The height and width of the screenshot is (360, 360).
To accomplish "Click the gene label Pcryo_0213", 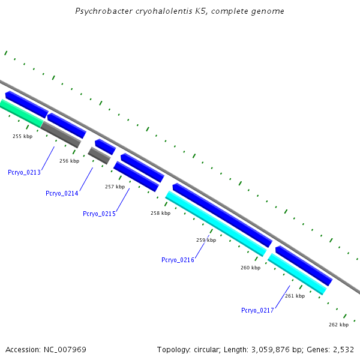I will tap(24, 172).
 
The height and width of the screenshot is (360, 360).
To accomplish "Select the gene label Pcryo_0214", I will tap(62, 193).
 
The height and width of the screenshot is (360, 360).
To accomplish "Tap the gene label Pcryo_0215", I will tap(99, 214).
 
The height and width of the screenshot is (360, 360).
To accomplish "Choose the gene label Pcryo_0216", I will tap(178, 260).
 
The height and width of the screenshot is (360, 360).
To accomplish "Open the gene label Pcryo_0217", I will tap(257, 310).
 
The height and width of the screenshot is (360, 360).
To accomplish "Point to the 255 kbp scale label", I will tap(22, 136).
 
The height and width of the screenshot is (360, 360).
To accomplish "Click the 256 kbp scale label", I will tap(69, 161).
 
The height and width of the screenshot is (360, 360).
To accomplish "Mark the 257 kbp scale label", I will tap(115, 187).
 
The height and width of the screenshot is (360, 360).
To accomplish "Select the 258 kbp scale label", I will tap(160, 213).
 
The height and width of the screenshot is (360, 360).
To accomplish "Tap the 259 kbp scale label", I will tap(206, 240).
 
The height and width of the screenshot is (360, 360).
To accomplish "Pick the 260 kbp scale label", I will tap(250, 268).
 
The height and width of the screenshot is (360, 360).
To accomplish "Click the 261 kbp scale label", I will tap(295, 296).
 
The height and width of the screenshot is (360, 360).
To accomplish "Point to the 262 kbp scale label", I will tap(338, 325).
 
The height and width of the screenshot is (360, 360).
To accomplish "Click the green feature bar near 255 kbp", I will tap(21, 113).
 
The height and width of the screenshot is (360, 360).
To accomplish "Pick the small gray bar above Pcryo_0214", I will tap(99, 155).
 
